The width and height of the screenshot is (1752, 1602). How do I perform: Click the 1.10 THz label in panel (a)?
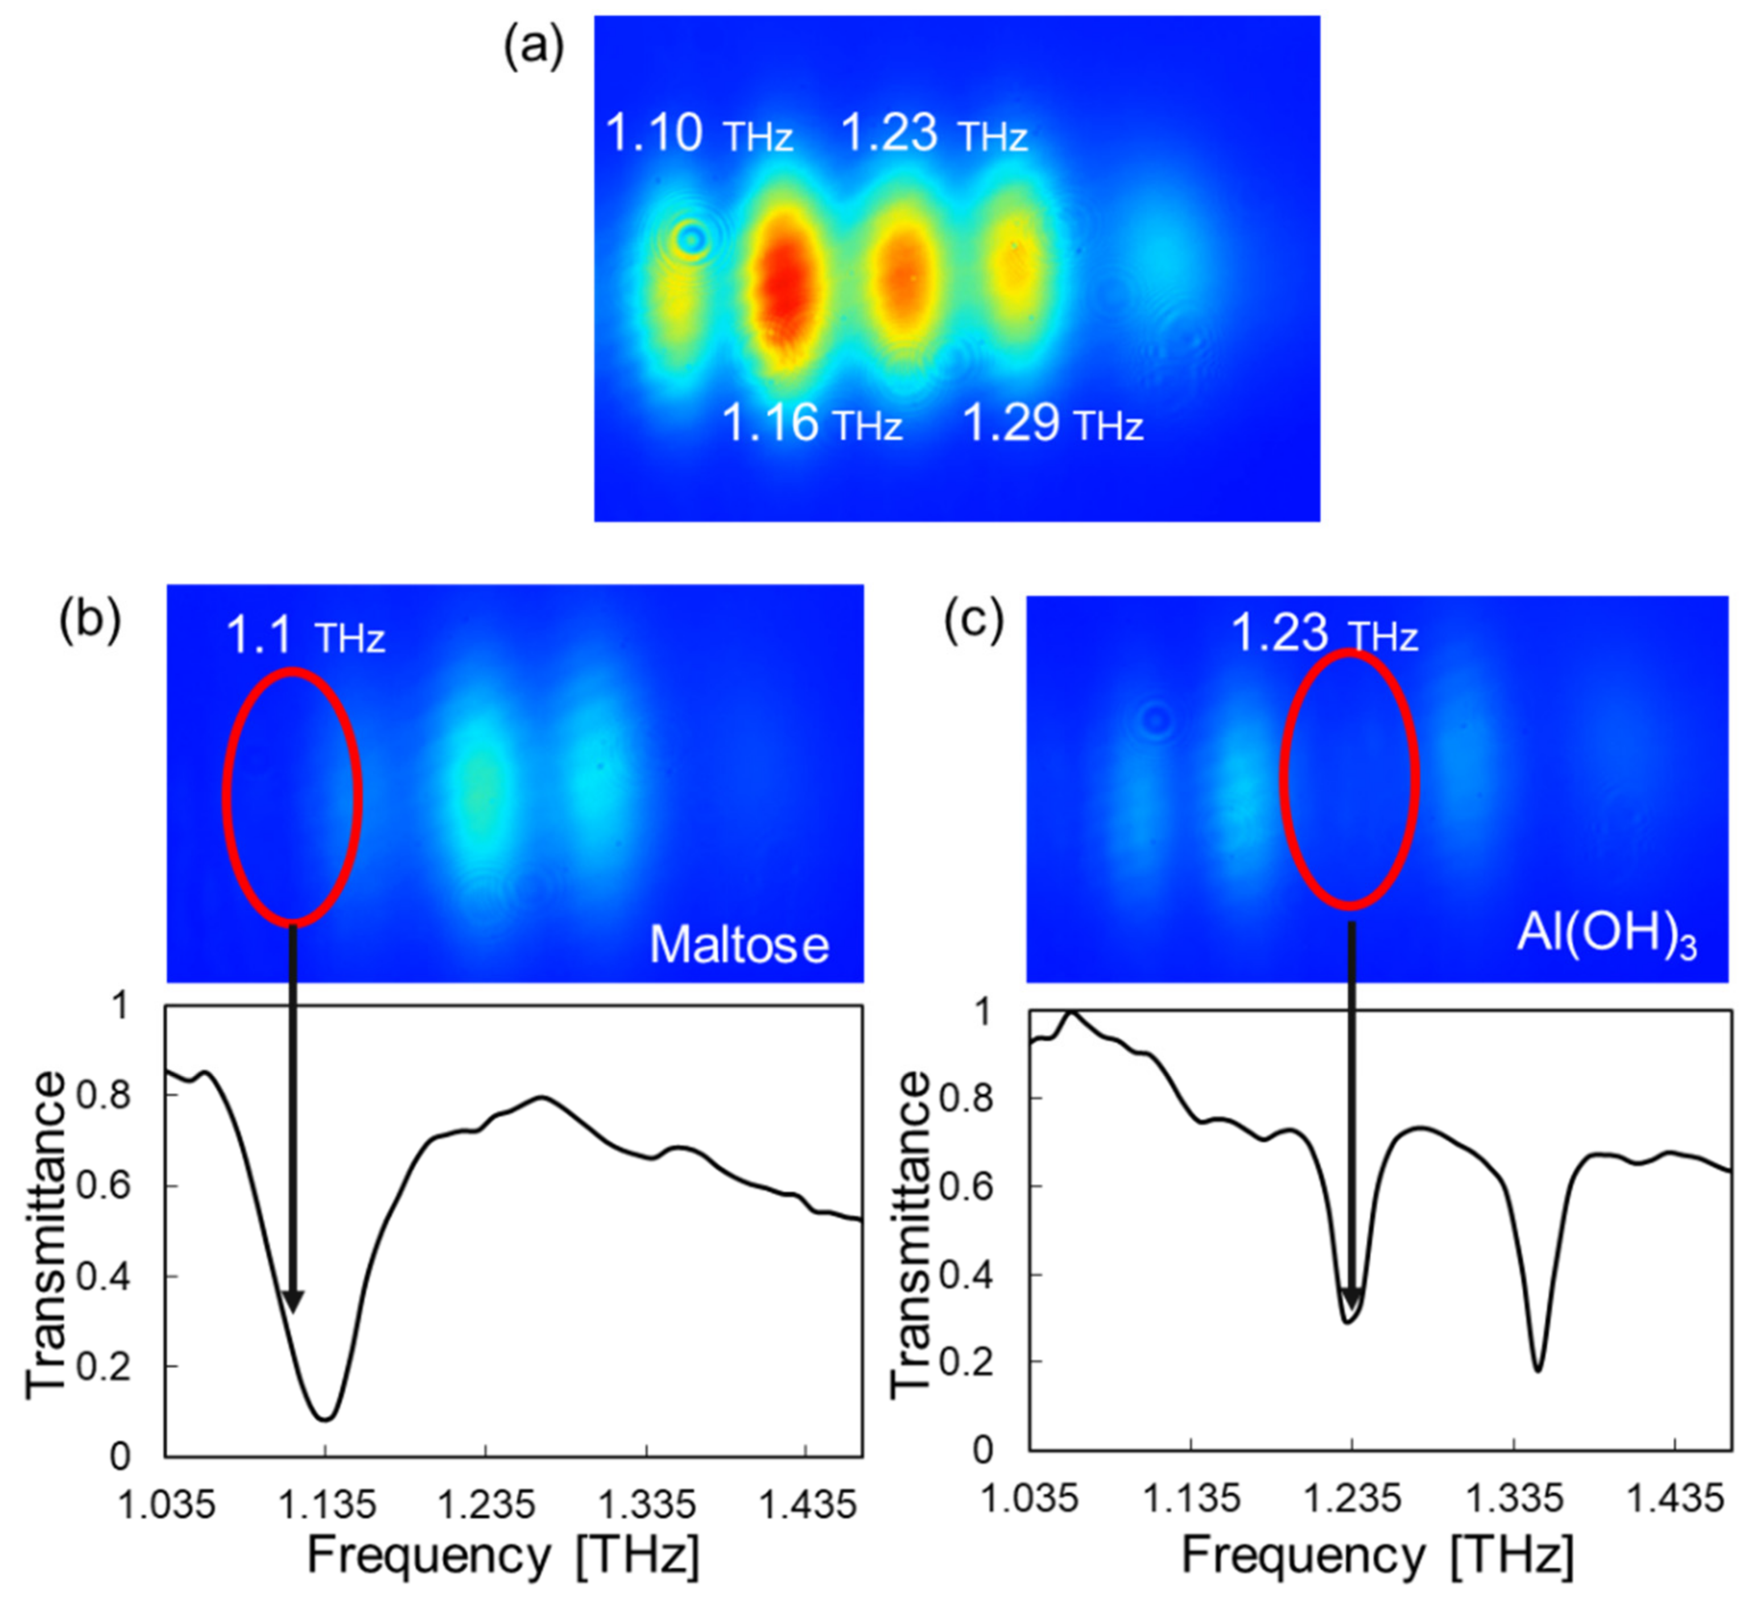point(698,135)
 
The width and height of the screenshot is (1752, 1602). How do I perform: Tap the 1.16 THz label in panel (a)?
point(812,424)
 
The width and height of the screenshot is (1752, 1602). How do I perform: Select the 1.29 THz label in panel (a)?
point(1052,424)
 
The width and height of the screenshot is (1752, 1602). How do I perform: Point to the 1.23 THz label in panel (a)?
point(933,135)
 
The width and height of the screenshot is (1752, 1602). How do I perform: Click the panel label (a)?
point(534,47)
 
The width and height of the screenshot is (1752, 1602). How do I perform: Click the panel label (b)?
point(89,622)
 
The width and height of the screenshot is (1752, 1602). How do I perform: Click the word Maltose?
point(739,945)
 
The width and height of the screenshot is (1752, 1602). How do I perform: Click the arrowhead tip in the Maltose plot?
point(293,1312)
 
